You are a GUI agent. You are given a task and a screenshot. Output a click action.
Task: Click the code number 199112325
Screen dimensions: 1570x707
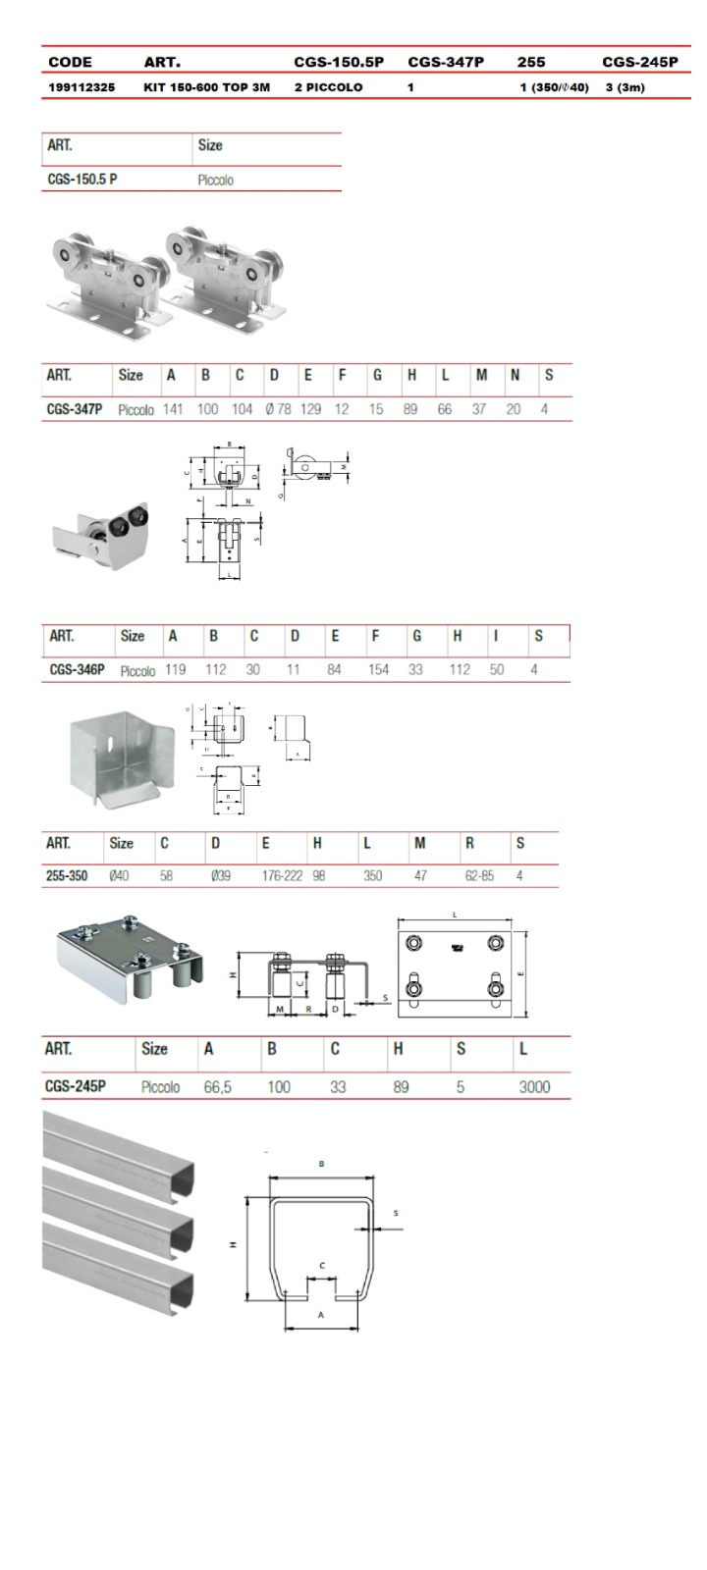tap(82, 87)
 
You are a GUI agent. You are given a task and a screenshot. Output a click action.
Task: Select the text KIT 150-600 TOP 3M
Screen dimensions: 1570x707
tap(206, 87)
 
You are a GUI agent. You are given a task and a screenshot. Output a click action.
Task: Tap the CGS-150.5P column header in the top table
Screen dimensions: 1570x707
tap(339, 62)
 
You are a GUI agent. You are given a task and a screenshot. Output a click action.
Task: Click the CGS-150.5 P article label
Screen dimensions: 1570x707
tap(82, 180)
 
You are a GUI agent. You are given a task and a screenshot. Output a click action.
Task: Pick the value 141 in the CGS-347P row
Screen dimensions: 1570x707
tap(173, 409)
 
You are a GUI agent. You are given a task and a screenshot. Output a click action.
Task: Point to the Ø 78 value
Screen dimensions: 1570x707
tap(278, 409)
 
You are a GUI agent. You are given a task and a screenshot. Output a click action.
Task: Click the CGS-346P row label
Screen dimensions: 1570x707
tap(77, 670)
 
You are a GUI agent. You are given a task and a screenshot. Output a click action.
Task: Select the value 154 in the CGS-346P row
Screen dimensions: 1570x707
tap(378, 670)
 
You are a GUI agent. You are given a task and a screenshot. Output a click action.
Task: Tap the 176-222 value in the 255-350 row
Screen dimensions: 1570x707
tap(282, 875)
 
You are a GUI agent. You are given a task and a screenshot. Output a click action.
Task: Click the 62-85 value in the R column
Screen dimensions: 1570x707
tap(479, 875)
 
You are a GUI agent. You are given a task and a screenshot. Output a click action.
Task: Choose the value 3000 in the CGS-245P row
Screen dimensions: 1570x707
tap(534, 1087)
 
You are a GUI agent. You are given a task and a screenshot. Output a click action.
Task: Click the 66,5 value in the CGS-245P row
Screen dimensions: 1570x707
tap(218, 1087)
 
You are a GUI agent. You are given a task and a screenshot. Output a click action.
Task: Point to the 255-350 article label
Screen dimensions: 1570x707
tap(67, 875)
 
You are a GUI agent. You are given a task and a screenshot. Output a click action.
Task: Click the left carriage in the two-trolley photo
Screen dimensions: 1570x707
tap(98, 280)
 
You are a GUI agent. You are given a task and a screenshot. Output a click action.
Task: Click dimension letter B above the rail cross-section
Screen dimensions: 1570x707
tap(321, 1164)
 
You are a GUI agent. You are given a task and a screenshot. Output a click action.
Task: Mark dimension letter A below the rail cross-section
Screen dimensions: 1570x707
tap(321, 1315)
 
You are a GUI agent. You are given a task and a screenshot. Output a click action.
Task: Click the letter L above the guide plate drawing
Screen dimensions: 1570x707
tap(454, 914)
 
